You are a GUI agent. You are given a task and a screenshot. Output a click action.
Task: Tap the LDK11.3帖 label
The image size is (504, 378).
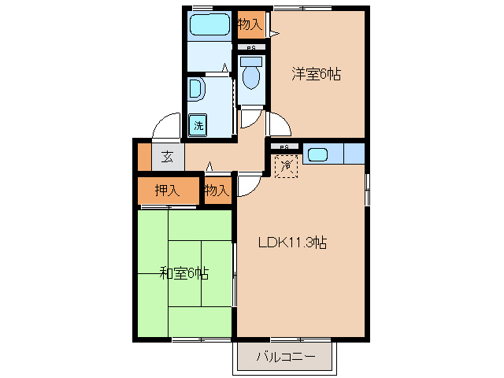(293, 243)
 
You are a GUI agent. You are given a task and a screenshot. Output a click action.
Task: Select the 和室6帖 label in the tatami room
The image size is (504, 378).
(184, 273)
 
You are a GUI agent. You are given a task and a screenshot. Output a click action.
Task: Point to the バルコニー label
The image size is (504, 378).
(286, 358)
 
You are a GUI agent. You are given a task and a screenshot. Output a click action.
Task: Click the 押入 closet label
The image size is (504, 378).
(167, 190)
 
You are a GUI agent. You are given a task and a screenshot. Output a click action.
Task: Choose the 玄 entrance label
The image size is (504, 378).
(167, 156)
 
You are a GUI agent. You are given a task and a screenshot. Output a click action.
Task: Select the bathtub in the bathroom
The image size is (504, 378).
(209, 24)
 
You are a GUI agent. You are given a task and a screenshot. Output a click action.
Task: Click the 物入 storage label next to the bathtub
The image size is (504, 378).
(250, 24)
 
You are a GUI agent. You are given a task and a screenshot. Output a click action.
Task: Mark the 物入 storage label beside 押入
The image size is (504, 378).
(217, 190)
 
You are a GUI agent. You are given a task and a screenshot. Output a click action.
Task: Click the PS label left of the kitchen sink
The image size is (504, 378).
(285, 147)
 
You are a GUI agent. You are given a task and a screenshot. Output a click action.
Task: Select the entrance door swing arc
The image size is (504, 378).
(167, 126)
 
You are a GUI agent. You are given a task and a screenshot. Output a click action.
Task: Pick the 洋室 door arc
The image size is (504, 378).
(279, 124)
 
